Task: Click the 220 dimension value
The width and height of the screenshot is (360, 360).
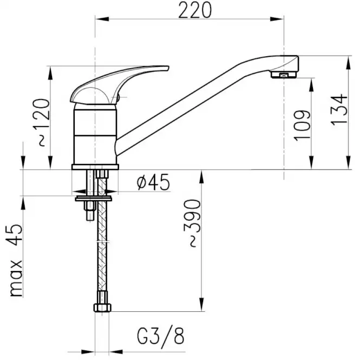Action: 195,10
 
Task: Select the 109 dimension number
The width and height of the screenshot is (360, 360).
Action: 302,126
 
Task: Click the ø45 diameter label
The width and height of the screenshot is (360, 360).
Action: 154,182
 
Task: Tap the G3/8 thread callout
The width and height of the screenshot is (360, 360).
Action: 161,337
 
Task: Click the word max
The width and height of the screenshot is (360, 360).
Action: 16,278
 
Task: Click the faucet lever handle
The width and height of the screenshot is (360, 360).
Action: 120,85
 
